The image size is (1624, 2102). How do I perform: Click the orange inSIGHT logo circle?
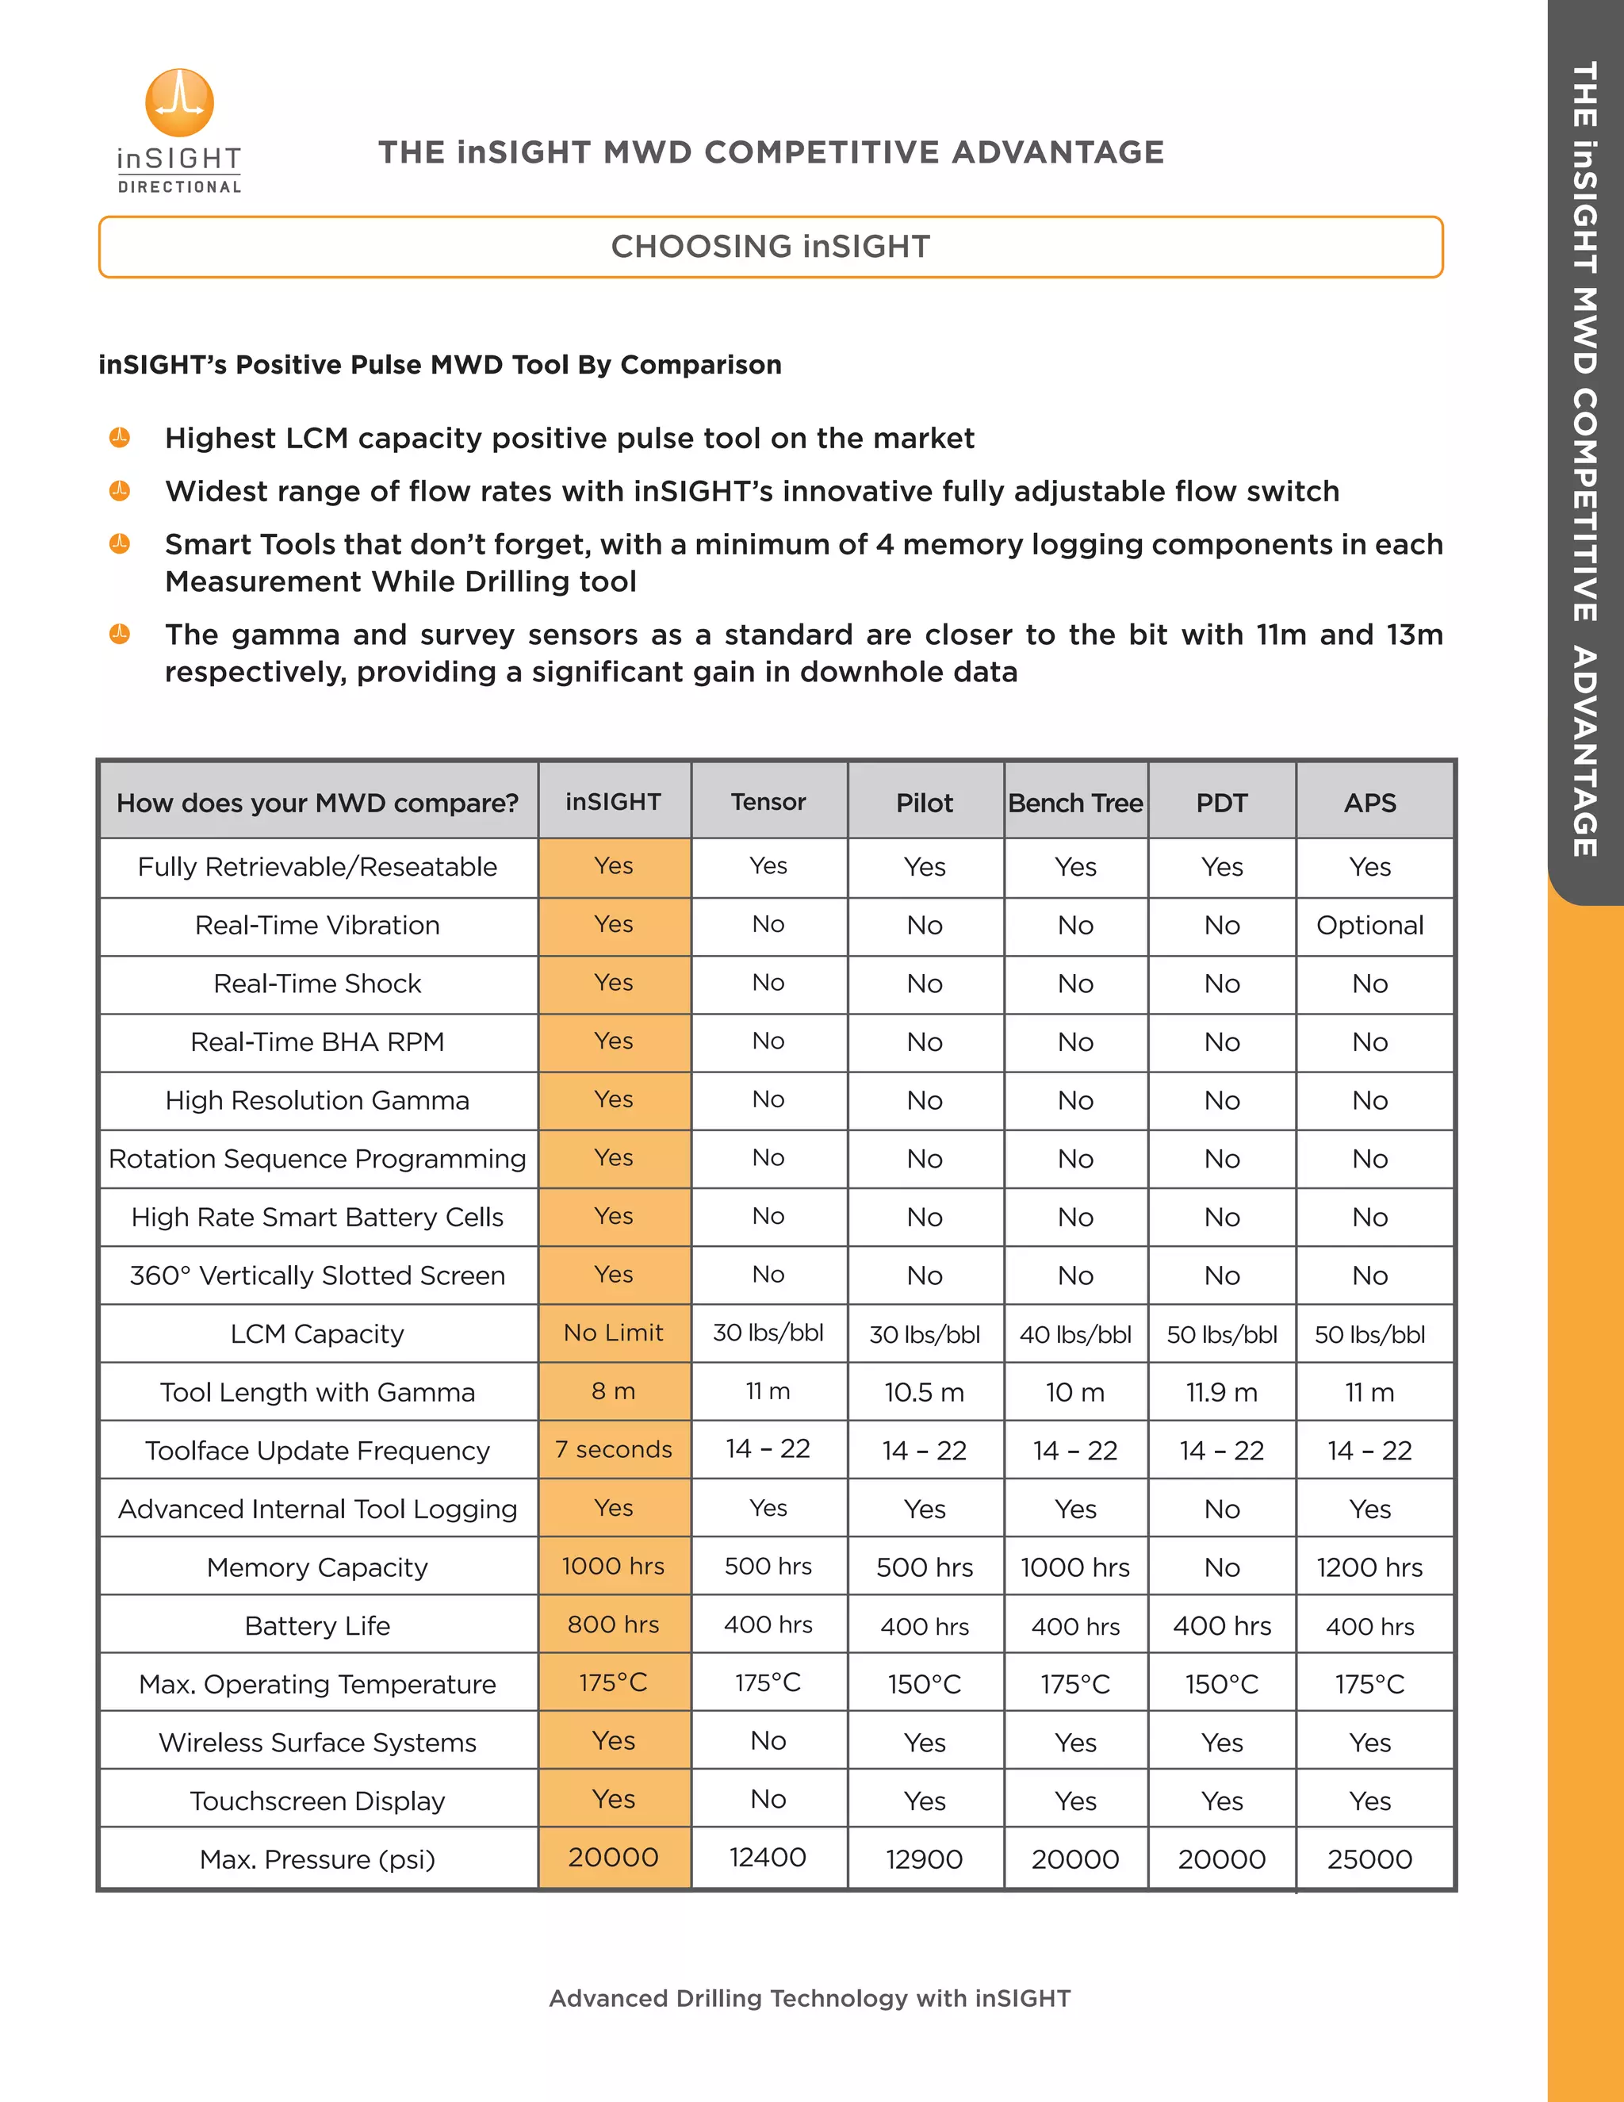point(179,102)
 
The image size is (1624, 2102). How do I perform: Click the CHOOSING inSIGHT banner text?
point(771,247)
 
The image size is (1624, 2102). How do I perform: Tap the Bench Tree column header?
point(1074,803)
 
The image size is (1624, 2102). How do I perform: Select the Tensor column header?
point(768,802)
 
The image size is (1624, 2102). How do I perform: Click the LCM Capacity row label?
point(316,1334)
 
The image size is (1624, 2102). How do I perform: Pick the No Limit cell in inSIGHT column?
point(614,1333)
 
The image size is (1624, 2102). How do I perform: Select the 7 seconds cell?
point(614,1449)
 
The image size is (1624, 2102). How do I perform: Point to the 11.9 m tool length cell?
point(1221,1393)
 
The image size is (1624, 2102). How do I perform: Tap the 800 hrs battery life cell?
point(614,1624)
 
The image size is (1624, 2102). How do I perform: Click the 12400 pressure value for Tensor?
point(768,1858)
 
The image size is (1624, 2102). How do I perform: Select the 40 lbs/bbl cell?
point(1074,1335)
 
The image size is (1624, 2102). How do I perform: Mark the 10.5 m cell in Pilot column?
point(924,1393)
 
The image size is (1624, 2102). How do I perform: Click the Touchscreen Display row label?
point(316,1801)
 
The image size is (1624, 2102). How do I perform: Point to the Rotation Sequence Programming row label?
point(316,1159)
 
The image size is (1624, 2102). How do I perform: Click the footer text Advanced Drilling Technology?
point(809,1999)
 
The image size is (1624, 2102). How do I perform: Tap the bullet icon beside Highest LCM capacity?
point(119,438)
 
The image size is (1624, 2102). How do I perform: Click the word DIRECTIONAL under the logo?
point(179,186)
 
